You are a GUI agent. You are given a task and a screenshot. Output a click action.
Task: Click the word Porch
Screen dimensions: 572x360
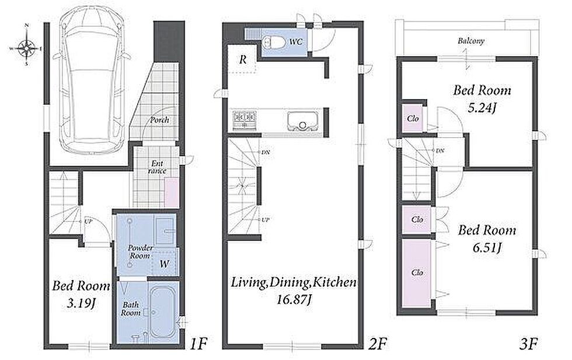click(x=160, y=120)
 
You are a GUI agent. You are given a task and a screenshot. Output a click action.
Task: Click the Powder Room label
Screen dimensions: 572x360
click(x=140, y=252)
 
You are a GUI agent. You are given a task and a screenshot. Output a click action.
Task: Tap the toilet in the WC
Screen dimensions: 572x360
click(x=274, y=43)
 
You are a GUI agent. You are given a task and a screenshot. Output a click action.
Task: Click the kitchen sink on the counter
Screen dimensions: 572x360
click(x=301, y=121)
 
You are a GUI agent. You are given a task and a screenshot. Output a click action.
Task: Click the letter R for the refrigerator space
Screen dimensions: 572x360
click(x=243, y=60)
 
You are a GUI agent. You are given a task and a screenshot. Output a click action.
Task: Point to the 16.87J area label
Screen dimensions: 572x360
click(x=294, y=299)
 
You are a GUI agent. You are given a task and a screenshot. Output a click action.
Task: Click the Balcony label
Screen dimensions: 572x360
click(x=471, y=40)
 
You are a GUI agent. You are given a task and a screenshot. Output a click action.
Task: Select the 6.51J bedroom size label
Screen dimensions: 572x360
click(x=487, y=247)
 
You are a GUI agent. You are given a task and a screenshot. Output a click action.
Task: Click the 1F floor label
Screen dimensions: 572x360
click(x=199, y=344)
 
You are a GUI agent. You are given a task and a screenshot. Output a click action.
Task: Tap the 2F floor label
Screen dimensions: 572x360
click(x=377, y=344)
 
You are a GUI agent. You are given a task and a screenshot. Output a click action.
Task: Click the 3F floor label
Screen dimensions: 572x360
click(x=529, y=344)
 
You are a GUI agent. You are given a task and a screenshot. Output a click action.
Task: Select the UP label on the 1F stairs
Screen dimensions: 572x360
click(x=88, y=221)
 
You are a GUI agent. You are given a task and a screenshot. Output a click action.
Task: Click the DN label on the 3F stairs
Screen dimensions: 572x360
click(x=440, y=151)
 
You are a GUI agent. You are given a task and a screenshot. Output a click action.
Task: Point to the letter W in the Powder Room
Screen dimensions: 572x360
click(x=165, y=264)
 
